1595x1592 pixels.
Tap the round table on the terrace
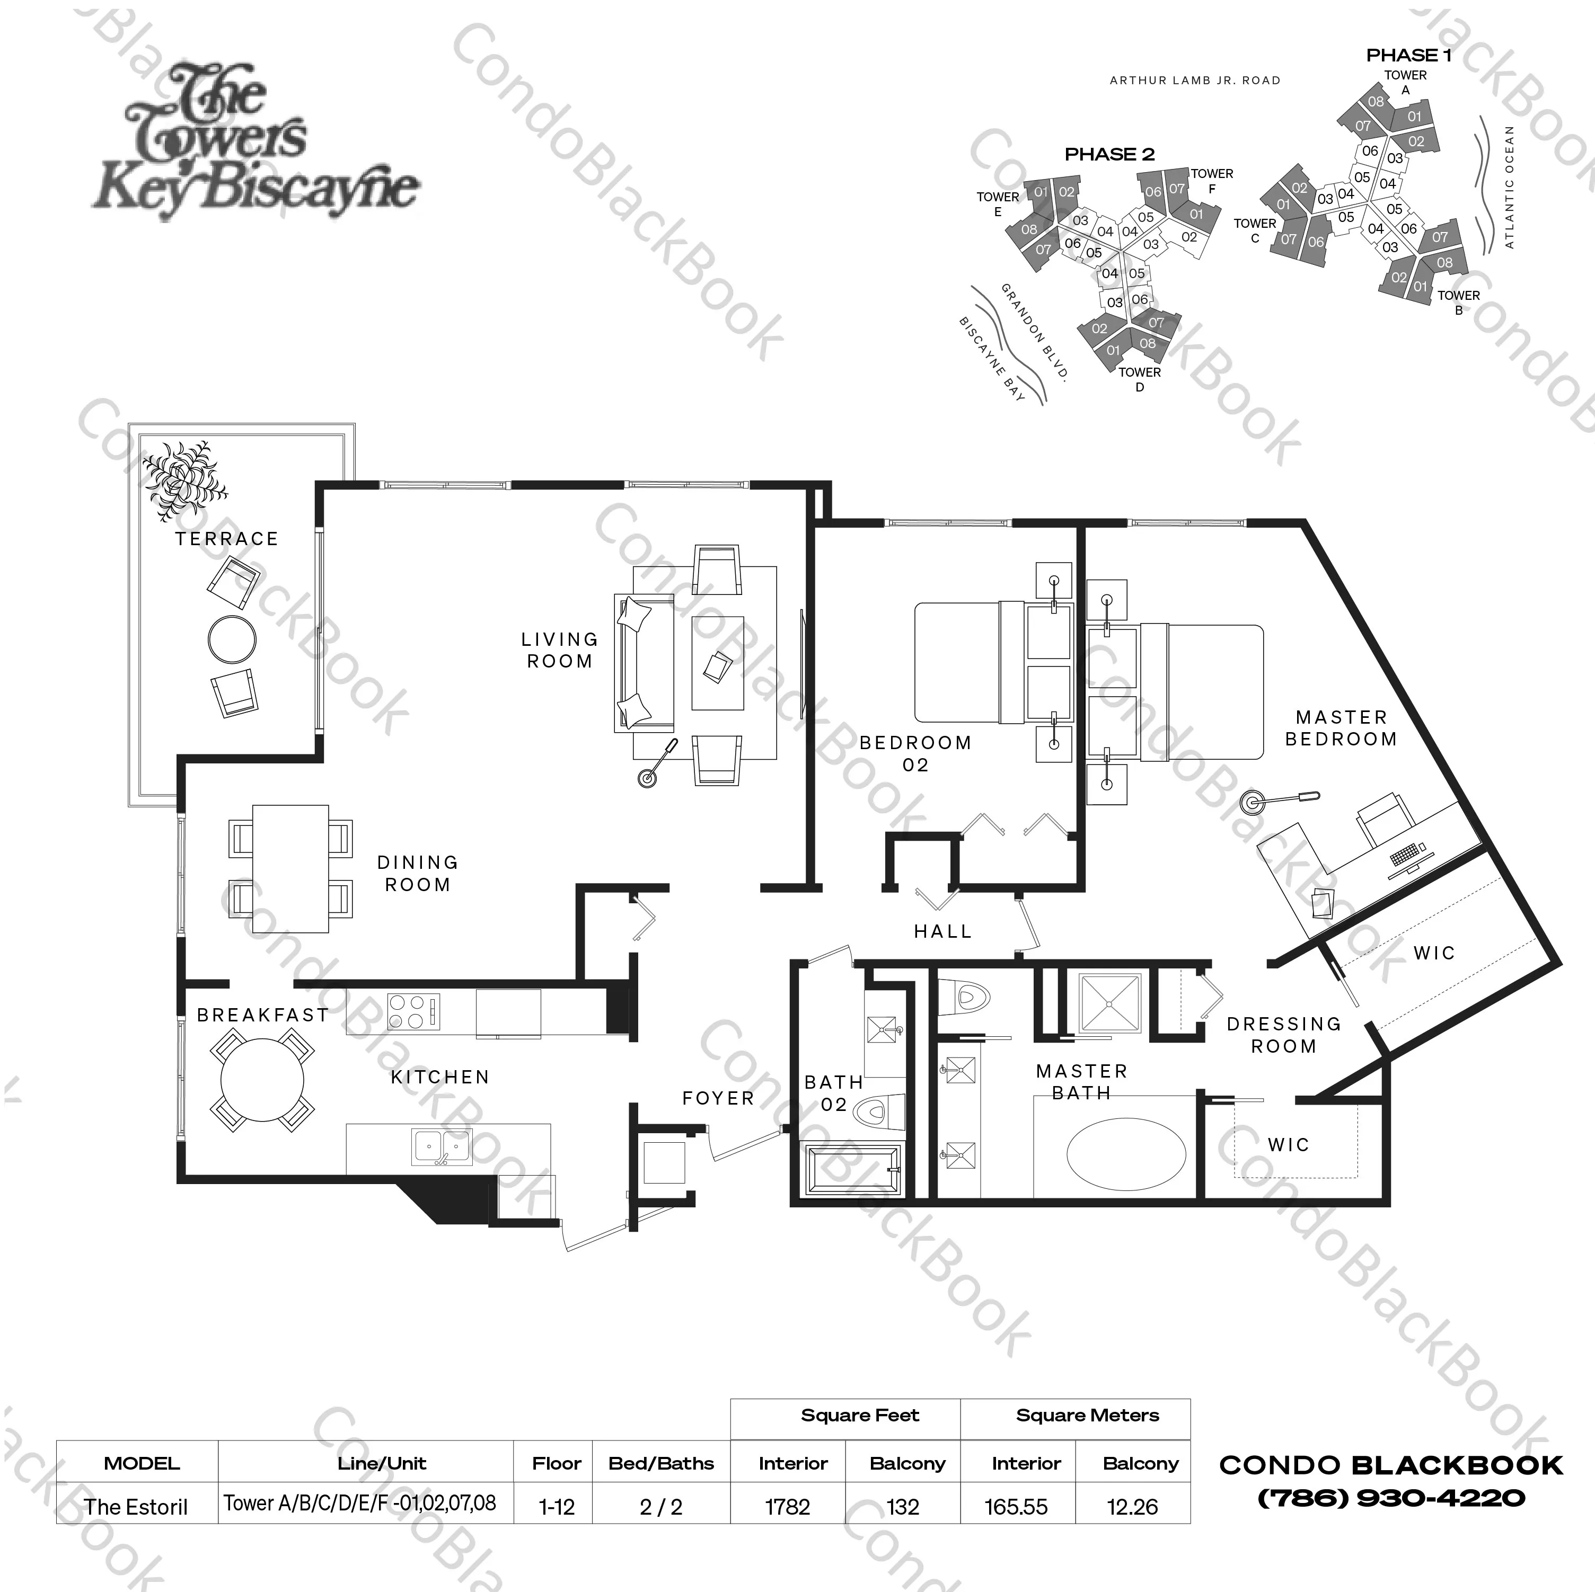pos(232,639)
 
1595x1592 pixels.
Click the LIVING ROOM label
pos(560,651)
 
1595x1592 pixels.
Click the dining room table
pos(290,868)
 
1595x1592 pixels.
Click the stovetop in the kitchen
pos(413,1012)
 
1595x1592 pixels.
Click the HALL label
pos(943,932)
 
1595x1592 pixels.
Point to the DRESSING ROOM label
pos(1284,1035)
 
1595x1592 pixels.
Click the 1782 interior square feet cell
pos(788,1507)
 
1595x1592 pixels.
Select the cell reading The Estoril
pos(136,1507)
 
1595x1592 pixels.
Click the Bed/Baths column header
pos(662,1463)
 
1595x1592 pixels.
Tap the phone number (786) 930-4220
pos(1391,1498)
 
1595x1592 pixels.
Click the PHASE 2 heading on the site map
pos(1109,154)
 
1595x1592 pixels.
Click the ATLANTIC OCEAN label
pos(1510,188)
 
